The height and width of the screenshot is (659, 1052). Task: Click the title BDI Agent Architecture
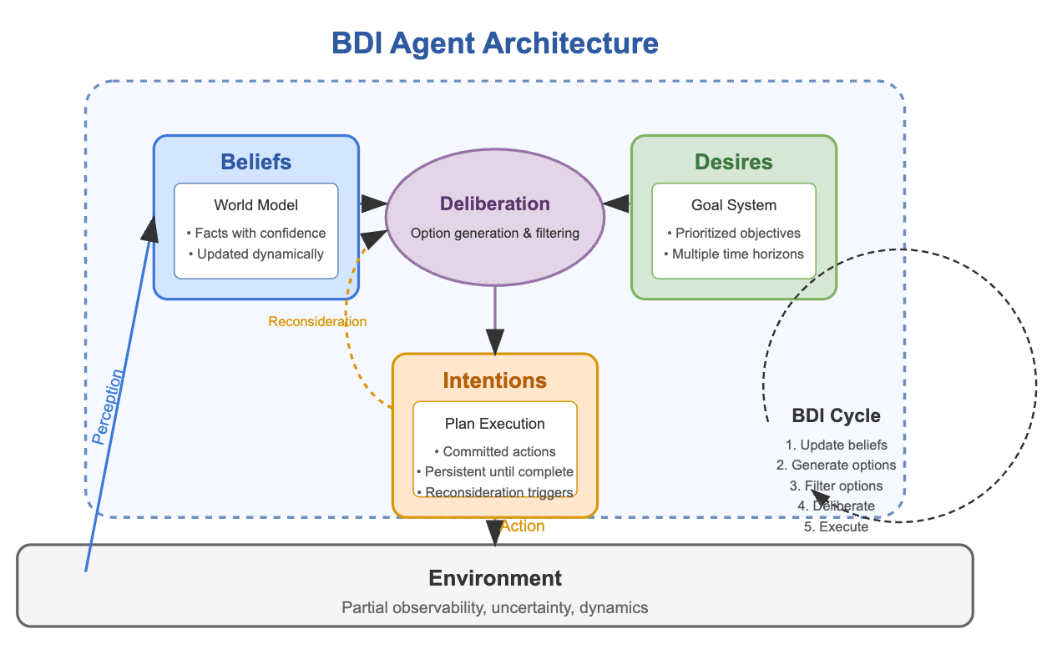coord(494,43)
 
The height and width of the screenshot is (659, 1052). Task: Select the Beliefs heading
coord(255,162)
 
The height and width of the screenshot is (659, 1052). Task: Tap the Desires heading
coord(734,162)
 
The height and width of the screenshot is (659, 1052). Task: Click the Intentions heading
coord(494,381)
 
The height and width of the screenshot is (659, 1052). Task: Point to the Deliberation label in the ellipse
coord(494,204)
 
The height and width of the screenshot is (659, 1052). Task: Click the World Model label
coord(255,205)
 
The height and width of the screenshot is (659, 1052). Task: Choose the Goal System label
coord(734,205)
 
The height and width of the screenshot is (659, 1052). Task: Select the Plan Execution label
coord(494,424)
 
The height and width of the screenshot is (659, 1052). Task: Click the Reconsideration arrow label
coord(317,321)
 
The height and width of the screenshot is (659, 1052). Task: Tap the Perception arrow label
coord(109,406)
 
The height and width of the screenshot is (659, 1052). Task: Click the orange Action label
coord(523,526)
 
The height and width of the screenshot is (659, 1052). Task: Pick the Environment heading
coord(494,578)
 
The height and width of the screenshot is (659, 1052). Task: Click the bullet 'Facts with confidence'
coord(255,233)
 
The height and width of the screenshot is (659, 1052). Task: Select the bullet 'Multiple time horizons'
coord(734,254)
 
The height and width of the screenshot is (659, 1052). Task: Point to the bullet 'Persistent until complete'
coord(494,471)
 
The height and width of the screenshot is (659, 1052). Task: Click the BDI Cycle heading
coord(835,416)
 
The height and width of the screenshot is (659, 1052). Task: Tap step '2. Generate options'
coord(835,465)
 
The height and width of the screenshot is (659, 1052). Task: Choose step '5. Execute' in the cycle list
coord(835,526)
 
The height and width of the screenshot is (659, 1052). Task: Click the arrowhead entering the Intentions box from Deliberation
coord(495,342)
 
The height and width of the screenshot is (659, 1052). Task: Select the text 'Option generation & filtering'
coord(494,233)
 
